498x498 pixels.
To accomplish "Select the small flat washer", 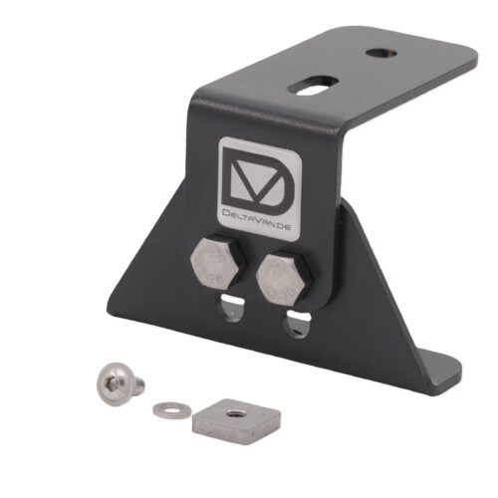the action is pyautogui.click(x=171, y=410).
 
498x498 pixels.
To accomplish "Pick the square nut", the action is pyautogui.click(x=237, y=421).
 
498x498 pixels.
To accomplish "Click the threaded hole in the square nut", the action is pyautogui.click(x=231, y=413).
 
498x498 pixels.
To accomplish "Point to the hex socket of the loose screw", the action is pyautogui.click(x=111, y=385).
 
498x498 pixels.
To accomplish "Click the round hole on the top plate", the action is pyautogui.click(x=381, y=53).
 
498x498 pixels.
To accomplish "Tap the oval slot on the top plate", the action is pyautogui.click(x=313, y=86).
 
